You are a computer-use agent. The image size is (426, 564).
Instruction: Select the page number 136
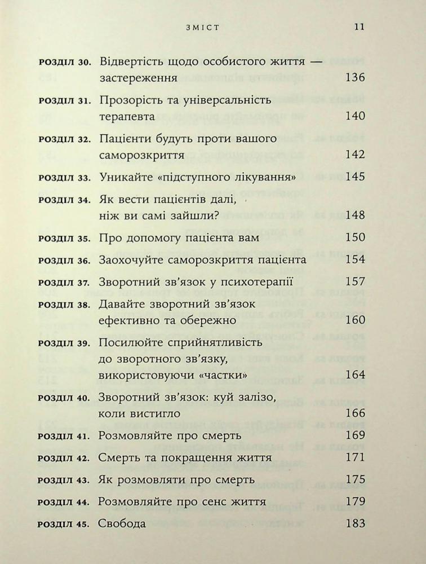coord(354,78)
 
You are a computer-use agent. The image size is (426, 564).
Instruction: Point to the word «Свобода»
coord(122,523)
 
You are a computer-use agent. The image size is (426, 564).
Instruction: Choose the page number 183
coord(354,523)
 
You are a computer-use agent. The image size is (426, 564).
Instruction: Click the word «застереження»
coord(138,78)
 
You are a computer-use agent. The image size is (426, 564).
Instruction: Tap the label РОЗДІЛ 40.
coord(64,398)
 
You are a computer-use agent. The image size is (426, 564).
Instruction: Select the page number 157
coord(354,281)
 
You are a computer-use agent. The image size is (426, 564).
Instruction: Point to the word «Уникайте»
coord(123,177)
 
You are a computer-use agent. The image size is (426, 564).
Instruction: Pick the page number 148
coord(354,215)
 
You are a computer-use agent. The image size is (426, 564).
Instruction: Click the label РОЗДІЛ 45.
coord(64,524)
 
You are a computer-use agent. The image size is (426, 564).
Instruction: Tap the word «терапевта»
coord(126,116)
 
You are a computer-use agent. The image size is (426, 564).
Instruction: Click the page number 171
coord(354,457)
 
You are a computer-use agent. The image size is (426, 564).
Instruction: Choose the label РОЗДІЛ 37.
coord(64,282)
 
